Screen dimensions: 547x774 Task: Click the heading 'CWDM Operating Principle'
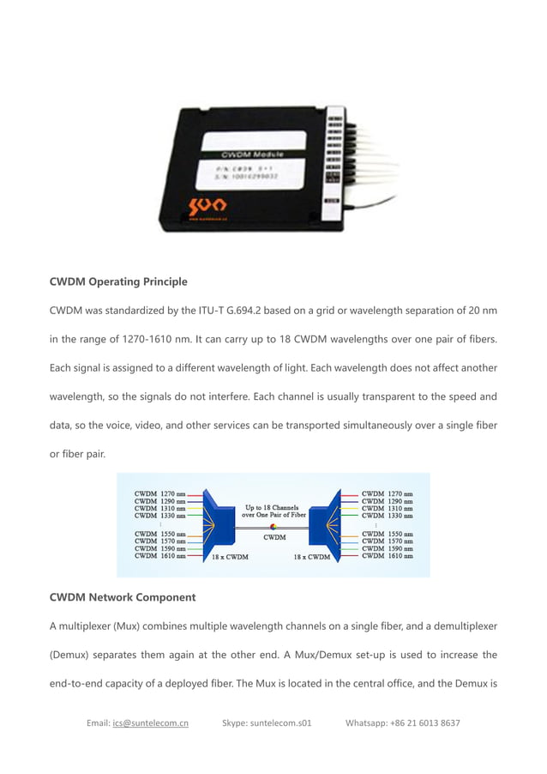coord(118,281)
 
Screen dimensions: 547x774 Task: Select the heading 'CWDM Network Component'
coord(123,596)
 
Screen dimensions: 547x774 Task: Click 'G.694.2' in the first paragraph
coord(273,309)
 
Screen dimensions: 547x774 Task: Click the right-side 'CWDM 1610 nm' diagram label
coord(387,555)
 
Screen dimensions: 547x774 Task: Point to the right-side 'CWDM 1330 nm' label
coord(387,516)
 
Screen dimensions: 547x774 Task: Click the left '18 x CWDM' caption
coord(230,557)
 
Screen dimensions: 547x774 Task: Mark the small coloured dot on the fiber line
coord(273,526)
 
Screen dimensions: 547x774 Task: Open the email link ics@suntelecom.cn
coord(150,723)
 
